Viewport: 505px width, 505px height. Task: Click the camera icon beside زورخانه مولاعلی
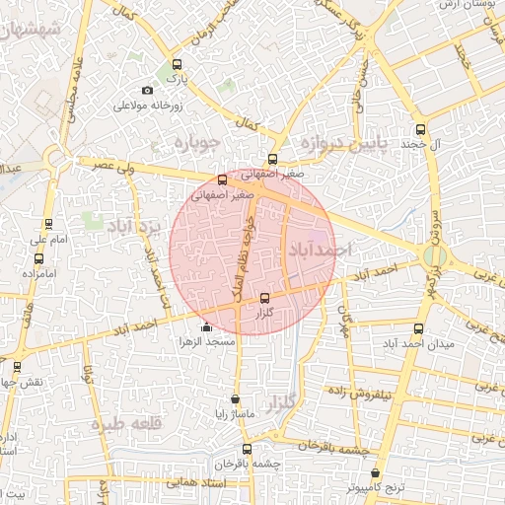(149, 91)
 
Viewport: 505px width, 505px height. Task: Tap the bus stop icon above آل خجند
(421, 129)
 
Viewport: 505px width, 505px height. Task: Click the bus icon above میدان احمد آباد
(418, 328)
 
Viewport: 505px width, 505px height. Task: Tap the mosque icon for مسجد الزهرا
(205, 327)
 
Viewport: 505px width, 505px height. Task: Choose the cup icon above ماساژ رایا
(235, 399)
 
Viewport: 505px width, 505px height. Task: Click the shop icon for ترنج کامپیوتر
(375, 473)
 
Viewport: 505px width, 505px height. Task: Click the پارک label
(176, 76)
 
